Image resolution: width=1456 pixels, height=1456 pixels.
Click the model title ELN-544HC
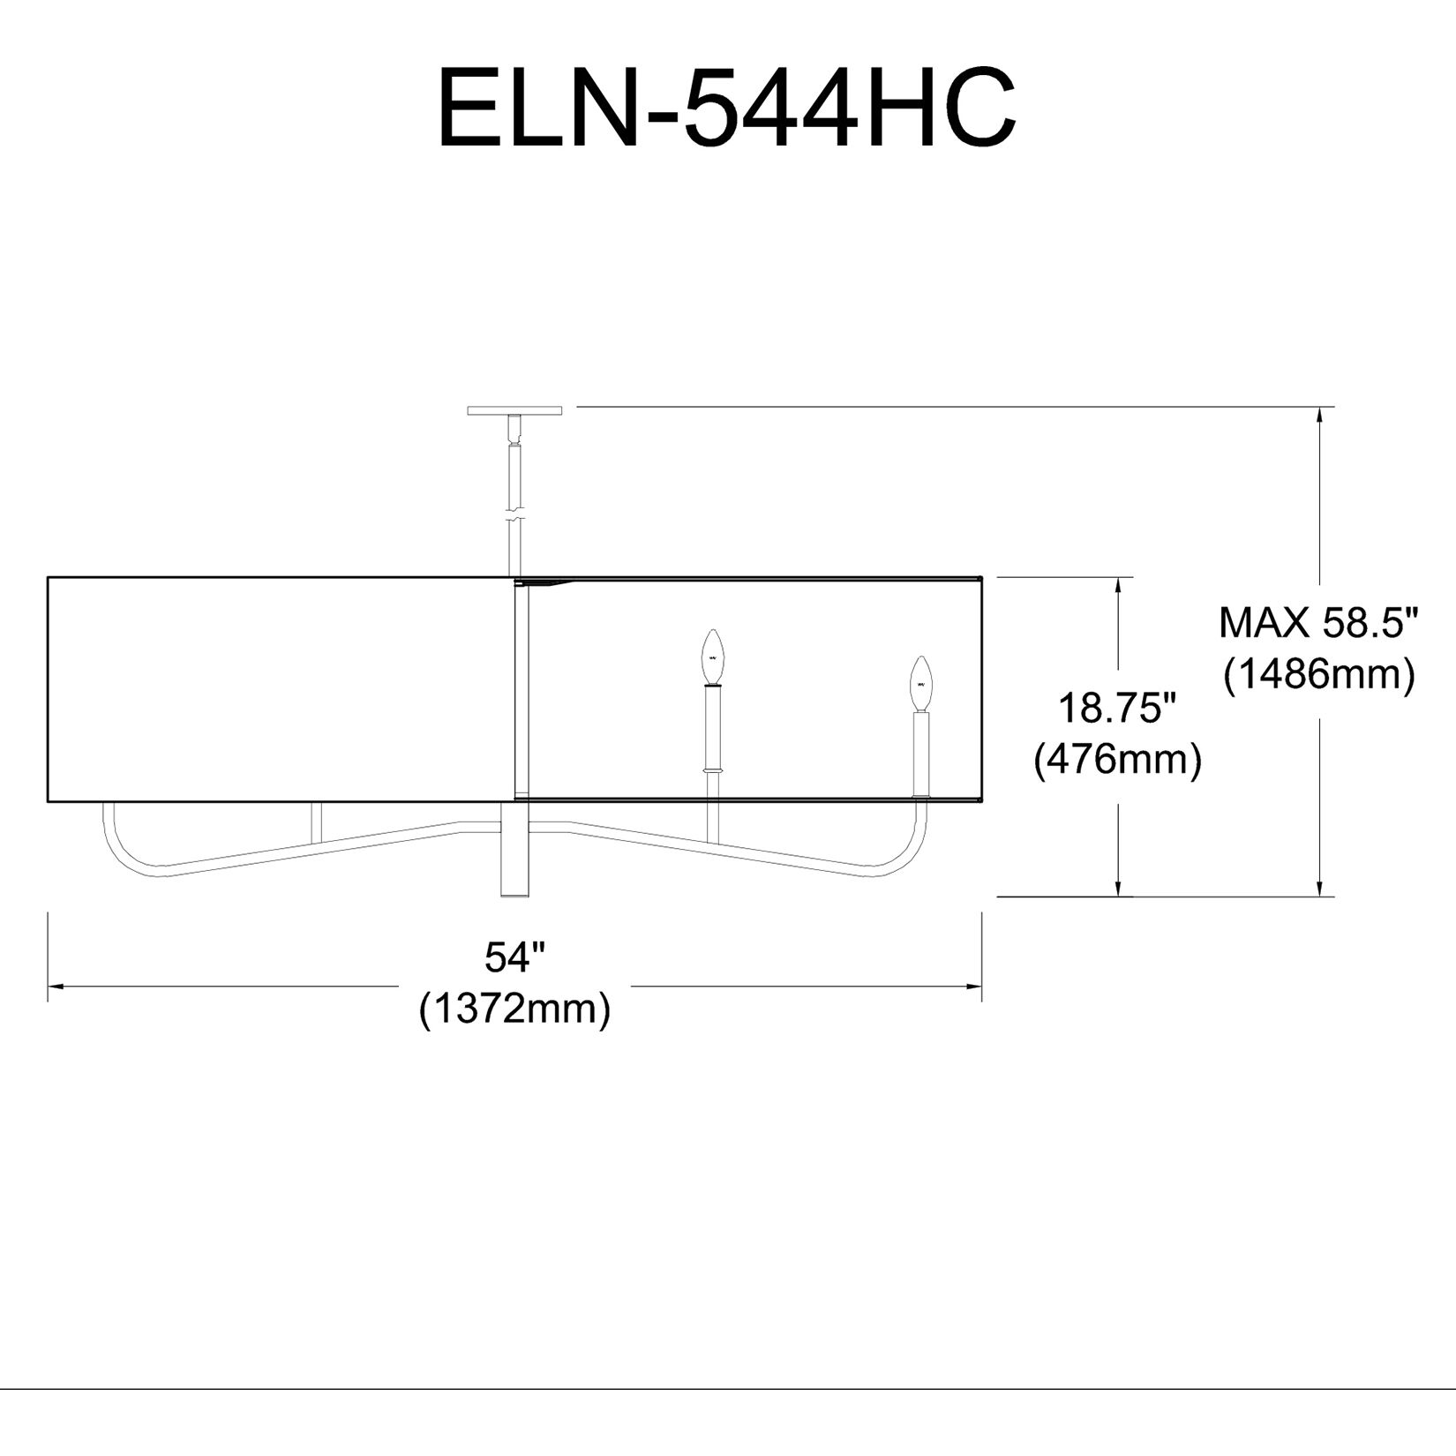coord(727,108)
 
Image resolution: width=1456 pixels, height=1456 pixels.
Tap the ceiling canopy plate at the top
coord(514,410)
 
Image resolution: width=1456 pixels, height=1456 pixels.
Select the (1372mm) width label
coord(515,1009)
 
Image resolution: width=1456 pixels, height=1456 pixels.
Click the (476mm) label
coord(1117,759)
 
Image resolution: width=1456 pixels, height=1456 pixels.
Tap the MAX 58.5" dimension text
coord(1318,624)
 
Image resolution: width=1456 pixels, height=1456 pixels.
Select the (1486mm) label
coord(1318,675)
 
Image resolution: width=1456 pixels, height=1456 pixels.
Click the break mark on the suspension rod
coord(514,514)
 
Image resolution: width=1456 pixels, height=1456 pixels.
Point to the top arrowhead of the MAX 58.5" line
coord(1320,415)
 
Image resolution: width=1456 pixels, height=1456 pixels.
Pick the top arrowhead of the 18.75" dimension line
coord(1119,586)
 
